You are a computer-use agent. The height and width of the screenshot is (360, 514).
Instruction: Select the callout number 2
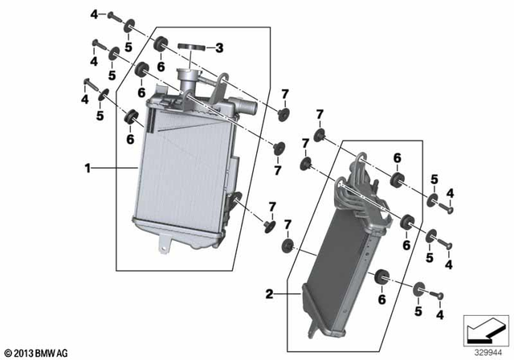click(270, 295)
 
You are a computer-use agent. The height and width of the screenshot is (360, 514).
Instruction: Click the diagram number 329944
click(484, 351)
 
